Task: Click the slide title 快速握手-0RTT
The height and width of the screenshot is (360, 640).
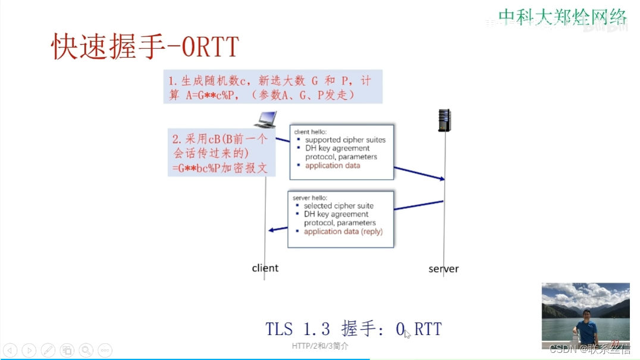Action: [145, 46]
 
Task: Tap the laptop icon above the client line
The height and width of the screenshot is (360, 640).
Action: [265, 119]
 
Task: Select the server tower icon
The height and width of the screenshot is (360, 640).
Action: [444, 120]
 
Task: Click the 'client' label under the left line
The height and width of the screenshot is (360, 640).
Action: [265, 268]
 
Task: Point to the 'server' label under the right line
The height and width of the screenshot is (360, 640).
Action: [443, 269]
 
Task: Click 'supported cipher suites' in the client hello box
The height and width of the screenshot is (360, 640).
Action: [345, 140]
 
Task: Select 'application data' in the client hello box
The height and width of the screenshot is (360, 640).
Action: [332, 165]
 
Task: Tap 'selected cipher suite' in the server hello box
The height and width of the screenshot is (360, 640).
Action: [338, 206]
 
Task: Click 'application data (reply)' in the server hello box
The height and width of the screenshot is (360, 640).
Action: [343, 231]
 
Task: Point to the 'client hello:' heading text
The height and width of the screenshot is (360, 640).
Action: [310, 131]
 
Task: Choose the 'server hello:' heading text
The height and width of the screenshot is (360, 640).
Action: [309, 197]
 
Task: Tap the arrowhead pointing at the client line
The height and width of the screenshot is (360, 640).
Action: [271, 230]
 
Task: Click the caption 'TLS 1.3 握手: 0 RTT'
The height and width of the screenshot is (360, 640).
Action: [353, 328]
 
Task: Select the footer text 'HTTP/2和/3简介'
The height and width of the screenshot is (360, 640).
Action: [320, 346]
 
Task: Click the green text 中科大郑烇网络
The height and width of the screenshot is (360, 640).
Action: [563, 16]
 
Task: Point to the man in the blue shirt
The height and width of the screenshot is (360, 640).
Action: [587, 327]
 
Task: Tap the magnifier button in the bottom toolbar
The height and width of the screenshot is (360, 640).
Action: [86, 350]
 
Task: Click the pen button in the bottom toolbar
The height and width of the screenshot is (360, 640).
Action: [48, 350]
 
